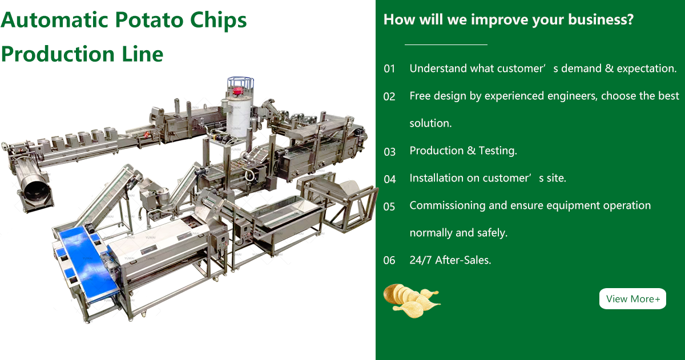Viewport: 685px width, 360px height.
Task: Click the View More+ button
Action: (632, 298)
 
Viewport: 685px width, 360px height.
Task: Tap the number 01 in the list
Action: (389, 69)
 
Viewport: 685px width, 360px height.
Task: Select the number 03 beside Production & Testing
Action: (389, 152)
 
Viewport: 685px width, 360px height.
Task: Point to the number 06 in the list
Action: (389, 260)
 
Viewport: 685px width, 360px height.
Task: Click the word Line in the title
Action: (142, 54)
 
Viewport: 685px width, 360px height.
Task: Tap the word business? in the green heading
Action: (601, 19)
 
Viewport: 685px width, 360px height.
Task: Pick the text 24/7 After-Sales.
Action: (450, 260)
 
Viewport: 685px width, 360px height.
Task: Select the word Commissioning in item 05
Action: (448, 205)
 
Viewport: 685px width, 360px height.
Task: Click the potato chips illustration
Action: (412, 301)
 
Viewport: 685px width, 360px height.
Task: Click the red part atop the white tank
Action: (237, 91)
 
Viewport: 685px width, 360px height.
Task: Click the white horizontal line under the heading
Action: (446, 45)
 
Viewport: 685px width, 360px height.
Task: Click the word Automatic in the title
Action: (55, 20)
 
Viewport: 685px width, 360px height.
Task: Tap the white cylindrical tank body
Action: (239, 118)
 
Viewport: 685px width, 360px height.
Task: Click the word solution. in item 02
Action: (430, 123)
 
